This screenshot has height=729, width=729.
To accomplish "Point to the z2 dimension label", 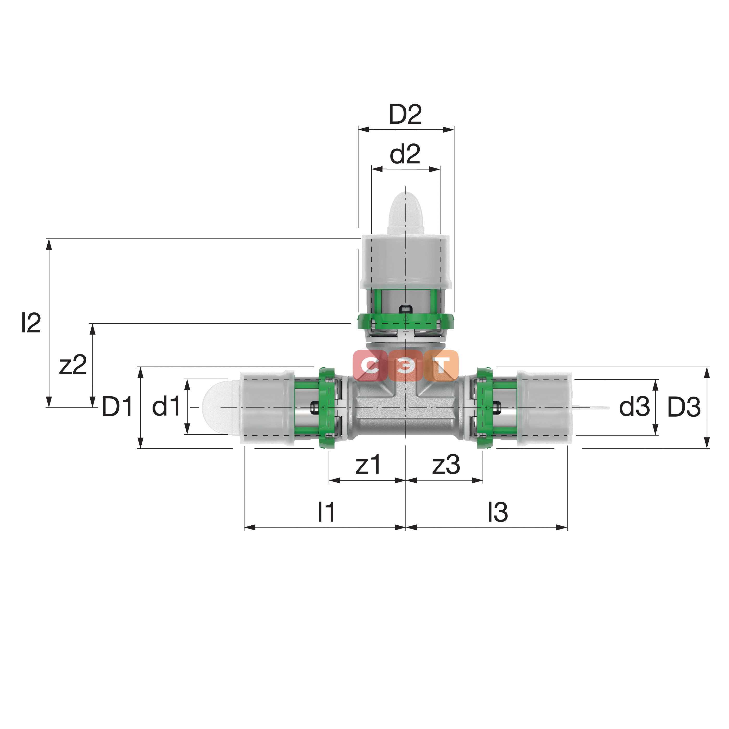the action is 73,365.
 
